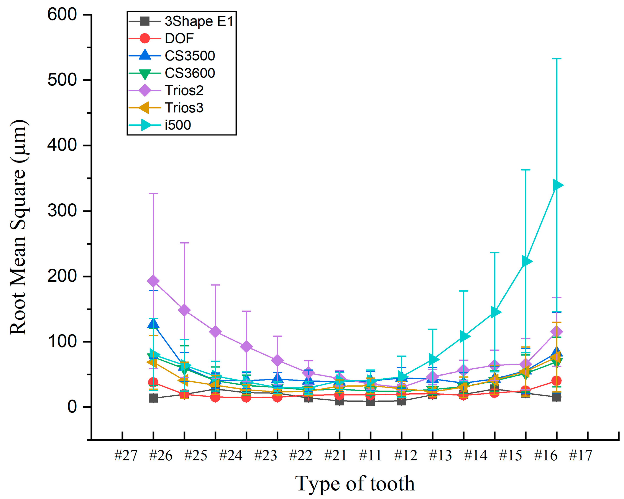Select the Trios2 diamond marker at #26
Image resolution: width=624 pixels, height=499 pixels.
click(x=153, y=281)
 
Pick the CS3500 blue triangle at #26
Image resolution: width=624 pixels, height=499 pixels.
click(x=153, y=324)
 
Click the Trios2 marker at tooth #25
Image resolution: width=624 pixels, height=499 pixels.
click(x=184, y=310)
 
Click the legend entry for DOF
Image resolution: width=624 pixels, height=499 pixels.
click(x=179, y=38)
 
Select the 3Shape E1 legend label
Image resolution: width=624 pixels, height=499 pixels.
click(x=199, y=21)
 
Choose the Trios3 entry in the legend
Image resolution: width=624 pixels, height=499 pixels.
click(x=184, y=108)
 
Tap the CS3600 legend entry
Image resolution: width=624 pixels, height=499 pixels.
click(x=190, y=73)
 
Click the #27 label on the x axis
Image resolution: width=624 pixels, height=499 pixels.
click(x=126, y=456)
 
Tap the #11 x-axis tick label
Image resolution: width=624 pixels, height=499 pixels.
click(x=370, y=456)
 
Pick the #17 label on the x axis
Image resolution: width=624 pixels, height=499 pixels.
click(x=580, y=456)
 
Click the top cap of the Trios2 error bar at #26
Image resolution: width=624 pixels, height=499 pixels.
click(x=153, y=193)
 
